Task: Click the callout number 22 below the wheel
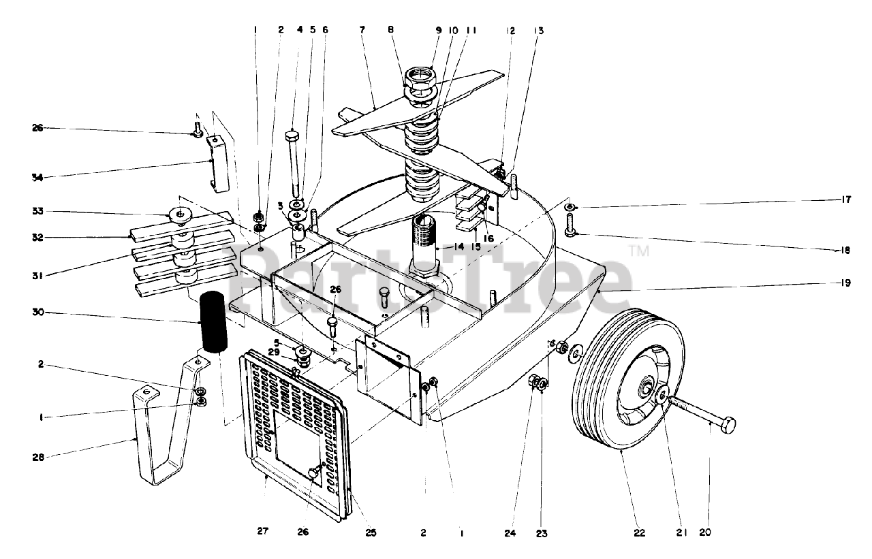(639, 533)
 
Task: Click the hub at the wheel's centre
(644, 389)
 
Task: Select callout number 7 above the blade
(362, 31)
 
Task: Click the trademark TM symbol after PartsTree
(640, 251)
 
